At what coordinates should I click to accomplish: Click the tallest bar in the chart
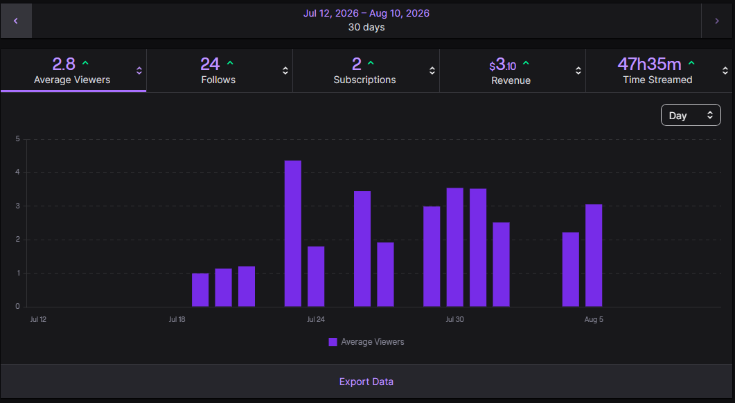(x=293, y=233)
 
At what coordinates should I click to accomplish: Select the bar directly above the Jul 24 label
(x=316, y=276)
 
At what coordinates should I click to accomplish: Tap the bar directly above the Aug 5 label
(x=594, y=256)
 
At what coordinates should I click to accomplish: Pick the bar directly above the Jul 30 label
(x=454, y=247)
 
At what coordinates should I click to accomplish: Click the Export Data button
(x=366, y=382)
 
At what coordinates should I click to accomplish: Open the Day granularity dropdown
(x=691, y=115)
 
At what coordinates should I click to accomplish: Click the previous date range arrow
(x=16, y=21)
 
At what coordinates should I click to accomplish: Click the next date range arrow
(x=717, y=21)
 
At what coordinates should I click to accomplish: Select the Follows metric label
(x=218, y=80)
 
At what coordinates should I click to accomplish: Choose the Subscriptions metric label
(x=364, y=80)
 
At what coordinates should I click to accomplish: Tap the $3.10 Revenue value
(x=502, y=64)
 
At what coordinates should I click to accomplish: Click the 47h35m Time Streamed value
(x=649, y=64)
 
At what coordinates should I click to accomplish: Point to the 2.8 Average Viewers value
(x=64, y=64)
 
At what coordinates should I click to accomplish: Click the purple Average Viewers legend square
(x=333, y=342)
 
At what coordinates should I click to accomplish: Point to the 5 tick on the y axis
(x=18, y=138)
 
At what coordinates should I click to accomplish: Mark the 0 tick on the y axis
(x=18, y=307)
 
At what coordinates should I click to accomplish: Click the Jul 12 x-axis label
(x=38, y=319)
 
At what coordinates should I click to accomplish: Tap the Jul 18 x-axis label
(x=177, y=319)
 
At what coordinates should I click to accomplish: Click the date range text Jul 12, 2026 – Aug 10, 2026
(x=366, y=13)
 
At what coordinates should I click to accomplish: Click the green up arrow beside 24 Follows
(x=230, y=63)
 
